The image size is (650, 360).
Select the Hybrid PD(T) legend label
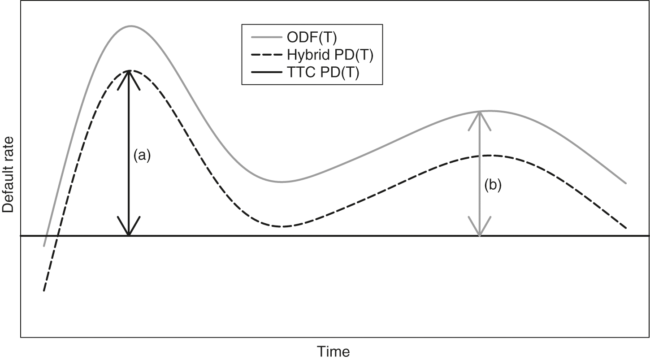coord(329,56)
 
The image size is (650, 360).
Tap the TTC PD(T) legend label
coord(322,73)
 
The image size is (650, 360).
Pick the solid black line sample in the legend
coord(262,73)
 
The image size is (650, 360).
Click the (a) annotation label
coord(143,155)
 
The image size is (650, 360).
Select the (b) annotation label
coord(493,185)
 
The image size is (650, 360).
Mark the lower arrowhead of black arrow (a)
coord(129,230)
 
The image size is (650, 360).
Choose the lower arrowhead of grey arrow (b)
coord(480,230)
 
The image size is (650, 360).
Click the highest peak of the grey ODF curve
coord(131,26)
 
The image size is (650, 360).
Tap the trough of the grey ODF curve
coord(282,182)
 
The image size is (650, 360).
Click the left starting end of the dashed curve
coord(44,291)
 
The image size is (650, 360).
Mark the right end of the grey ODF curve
coord(625,183)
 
